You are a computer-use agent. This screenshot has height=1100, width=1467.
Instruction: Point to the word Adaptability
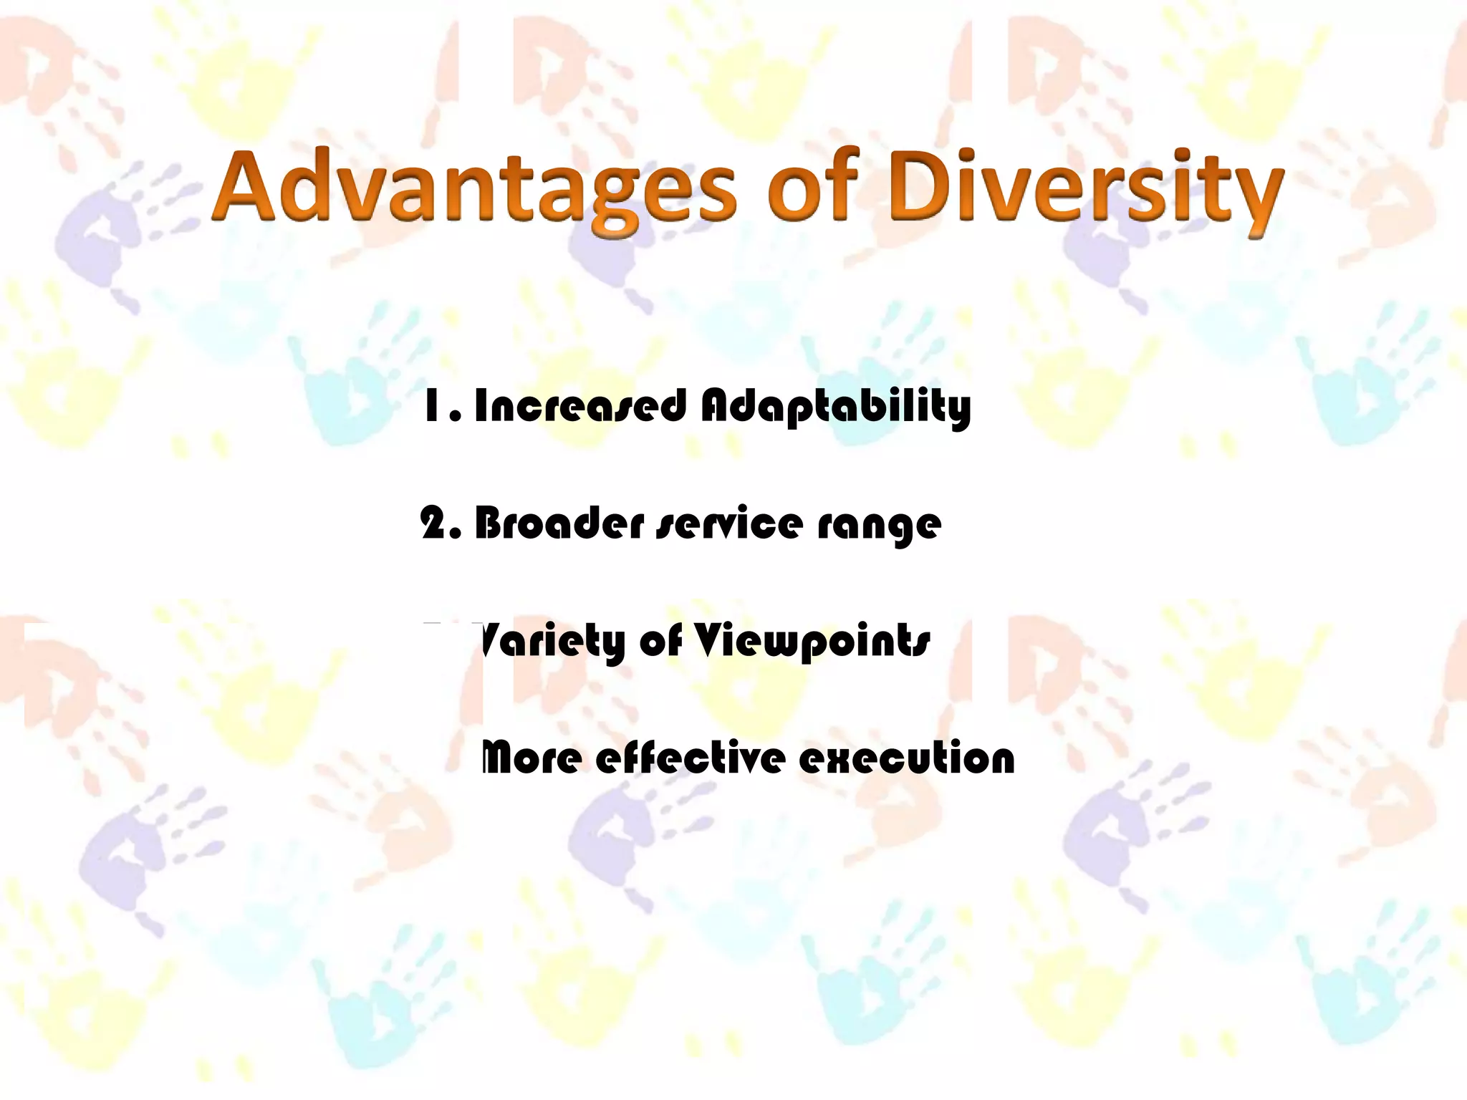(x=835, y=406)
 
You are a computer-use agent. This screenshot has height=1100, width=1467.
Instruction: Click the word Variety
(x=552, y=641)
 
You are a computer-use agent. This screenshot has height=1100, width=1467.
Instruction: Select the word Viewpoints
(x=813, y=641)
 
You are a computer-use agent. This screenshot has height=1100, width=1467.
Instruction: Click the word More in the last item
(x=531, y=758)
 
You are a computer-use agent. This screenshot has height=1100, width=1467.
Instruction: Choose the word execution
(x=906, y=758)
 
